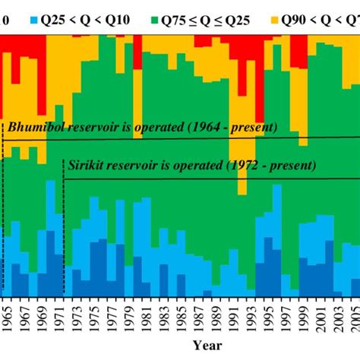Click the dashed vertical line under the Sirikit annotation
coord(64,235)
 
